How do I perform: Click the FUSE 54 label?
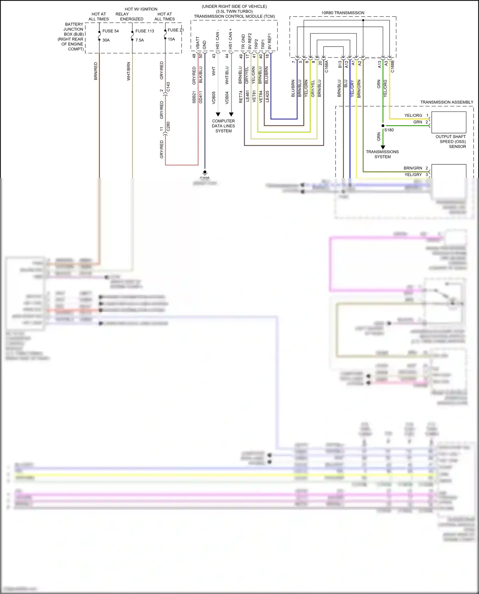(x=110, y=31)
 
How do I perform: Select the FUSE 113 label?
(x=145, y=31)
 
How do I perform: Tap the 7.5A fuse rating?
(x=140, y=40)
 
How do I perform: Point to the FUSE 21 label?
(x=175, y=30)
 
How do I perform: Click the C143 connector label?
(x=168, y=87)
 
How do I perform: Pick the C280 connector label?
(x=168, y=126)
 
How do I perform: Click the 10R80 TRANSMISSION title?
(x=343, y=13)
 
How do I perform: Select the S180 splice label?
(x=389, y=130)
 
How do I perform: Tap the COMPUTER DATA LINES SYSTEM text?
(x=224, y=126)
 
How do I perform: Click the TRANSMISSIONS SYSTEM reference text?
(x=382, y=154)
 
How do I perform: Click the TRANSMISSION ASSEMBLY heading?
(x=446, y=102)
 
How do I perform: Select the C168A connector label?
(x=326, y=66)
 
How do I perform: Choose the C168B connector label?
(x=392, y=66)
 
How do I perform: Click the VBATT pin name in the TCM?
(x=198, y=43)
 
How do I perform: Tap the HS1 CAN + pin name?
(x=230, y=39)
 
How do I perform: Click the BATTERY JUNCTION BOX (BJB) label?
(x=72, y=36)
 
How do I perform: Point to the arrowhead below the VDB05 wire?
(x=218, y=114)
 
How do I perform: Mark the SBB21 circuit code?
(x=194, y=97)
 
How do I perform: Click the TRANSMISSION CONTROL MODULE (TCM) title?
(x=234, y=16)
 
